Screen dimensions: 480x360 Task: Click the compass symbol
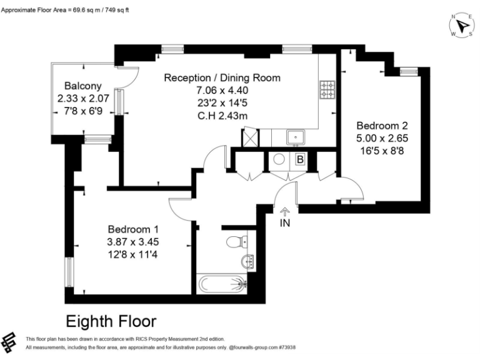[x=461, y=25]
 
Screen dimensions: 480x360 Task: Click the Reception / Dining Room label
[x=222, y=77]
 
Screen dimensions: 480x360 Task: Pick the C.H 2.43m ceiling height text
[x=222, y=114]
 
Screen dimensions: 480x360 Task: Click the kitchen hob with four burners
[x=327, y=91]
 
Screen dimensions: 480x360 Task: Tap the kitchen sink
[x=294, y=136]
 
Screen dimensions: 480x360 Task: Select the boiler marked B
[x=300, y=160]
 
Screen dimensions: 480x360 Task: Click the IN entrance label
[x=285, y=222]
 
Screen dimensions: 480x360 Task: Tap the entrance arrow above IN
[x=285, y=211]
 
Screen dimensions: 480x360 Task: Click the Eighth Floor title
[x=111, y=322]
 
